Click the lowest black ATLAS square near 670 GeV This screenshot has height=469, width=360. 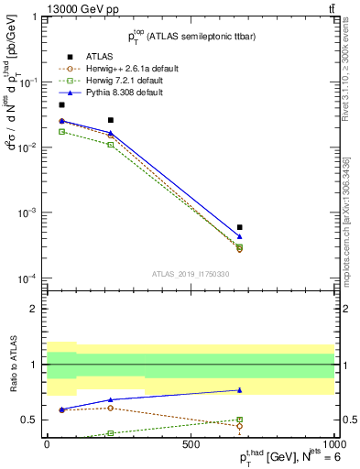(x=239, y=227)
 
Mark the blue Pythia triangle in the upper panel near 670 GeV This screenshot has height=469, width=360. (x=239, y=236)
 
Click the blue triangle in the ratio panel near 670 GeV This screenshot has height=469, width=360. (x=239, y=390)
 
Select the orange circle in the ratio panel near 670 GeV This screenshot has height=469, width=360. (x=239, y=426)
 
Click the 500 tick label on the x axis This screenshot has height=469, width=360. (x=191, y=443)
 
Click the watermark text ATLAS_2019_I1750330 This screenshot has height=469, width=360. (x=190, y=273)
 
